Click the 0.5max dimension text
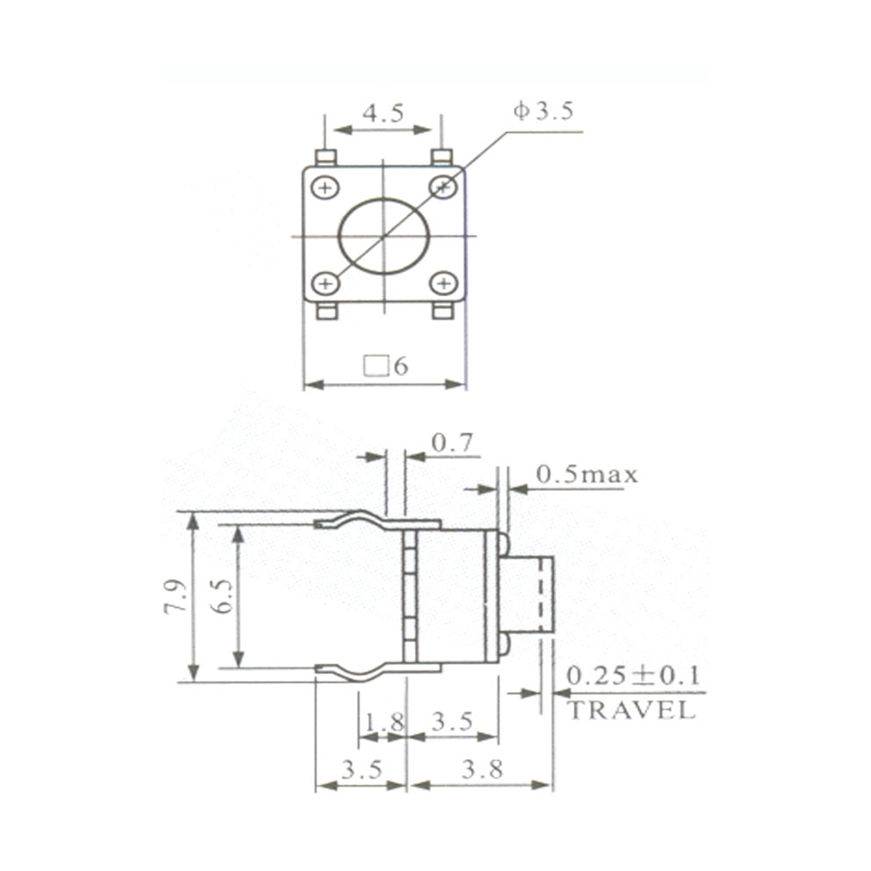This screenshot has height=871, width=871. (586, 475)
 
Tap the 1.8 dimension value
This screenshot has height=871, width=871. (384, 721)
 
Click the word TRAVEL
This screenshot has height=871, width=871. (631, 710)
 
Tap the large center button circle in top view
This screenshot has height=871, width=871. (382, 236)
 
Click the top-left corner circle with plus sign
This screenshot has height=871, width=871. (326, 187)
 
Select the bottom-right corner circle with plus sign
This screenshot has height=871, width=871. (443, 283)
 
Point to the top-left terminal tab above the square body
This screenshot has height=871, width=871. (326, 158)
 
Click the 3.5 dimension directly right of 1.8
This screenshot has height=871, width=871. (452, 721)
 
